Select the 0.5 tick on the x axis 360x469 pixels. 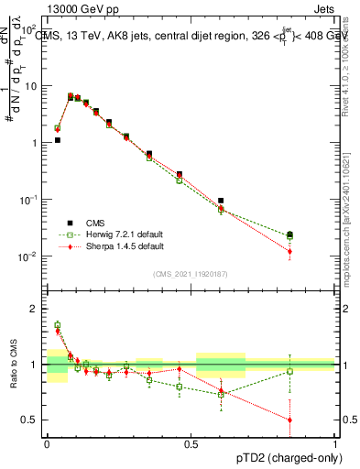pos(191,442)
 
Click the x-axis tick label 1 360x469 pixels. pos(335,442)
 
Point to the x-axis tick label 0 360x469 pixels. pos(46,442)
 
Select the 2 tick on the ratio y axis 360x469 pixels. pos(38,309)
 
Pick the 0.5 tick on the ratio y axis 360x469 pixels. pos(34,420)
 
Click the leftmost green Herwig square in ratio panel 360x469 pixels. pos(57,324)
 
